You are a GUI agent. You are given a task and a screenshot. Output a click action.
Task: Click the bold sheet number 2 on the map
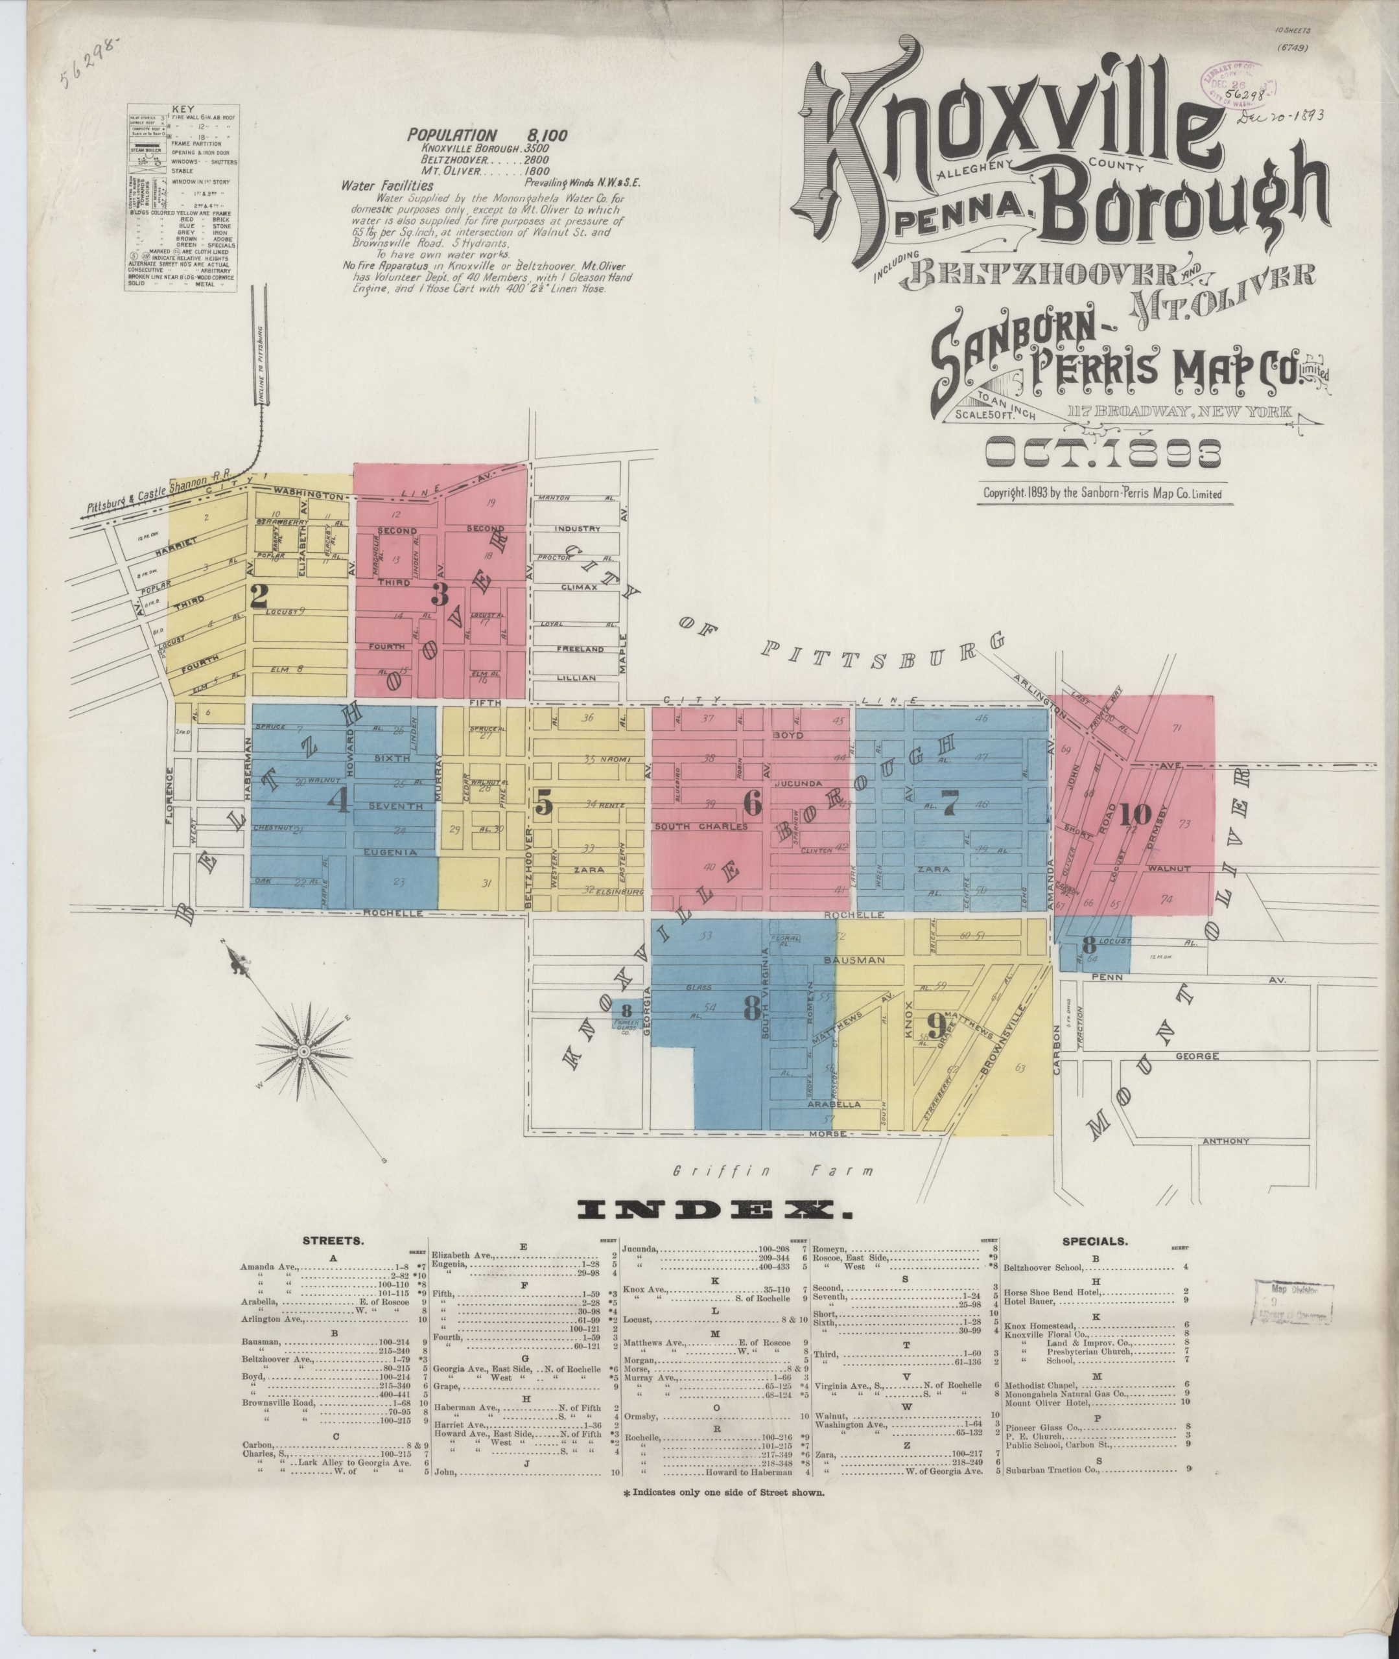259,596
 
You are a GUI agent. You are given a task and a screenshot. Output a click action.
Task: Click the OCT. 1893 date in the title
1102,454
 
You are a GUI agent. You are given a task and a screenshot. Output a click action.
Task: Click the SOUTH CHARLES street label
701,827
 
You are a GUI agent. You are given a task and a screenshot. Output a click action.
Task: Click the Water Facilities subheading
387,185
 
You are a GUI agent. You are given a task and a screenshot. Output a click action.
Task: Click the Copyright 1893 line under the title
1102,493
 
